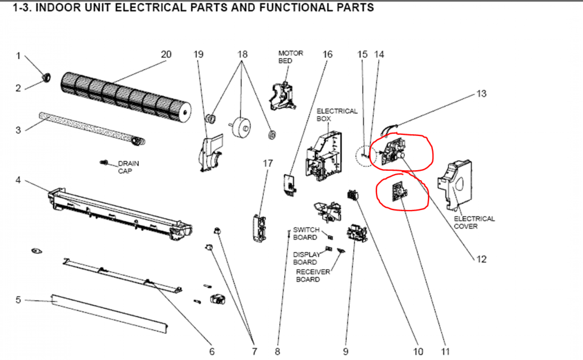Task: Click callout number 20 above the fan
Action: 166,55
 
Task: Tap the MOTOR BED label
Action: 290,57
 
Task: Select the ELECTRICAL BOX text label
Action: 337,115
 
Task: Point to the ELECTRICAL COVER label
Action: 474,222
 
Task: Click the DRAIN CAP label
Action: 128,167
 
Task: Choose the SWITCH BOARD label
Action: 306,233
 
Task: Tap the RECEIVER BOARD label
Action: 313,275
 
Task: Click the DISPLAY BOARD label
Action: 306,258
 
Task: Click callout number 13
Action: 481,93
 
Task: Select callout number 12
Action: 481,259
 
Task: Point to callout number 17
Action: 268,163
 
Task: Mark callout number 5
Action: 18,300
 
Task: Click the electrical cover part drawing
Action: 455,185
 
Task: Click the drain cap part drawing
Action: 104,163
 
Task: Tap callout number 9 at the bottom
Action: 346,352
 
